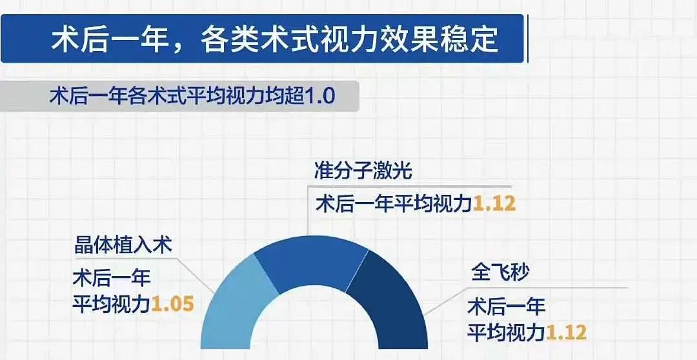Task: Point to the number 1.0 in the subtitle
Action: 319,96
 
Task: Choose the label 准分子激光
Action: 363,170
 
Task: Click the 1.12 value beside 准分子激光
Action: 494,204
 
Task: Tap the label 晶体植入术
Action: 123,245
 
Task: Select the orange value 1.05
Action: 172,305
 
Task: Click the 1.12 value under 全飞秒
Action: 566,332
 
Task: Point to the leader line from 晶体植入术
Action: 196,275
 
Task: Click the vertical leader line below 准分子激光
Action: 308,210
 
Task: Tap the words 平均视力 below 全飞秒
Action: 506,332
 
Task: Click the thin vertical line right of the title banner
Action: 528,39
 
